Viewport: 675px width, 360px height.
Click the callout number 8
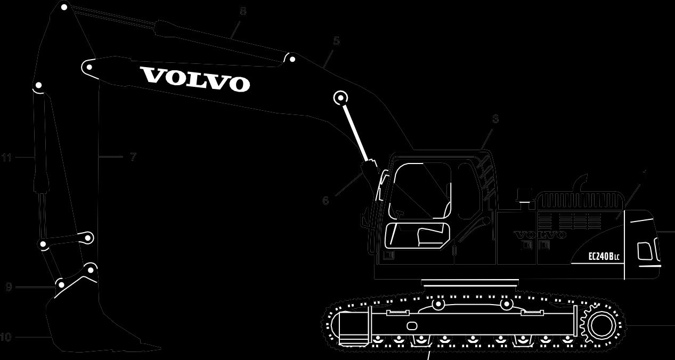coord(243,11)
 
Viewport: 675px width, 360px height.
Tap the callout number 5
coord(336,41)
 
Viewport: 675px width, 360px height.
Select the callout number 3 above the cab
coord(495,119)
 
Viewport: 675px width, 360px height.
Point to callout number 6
coord(326,201)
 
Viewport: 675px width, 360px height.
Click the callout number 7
coord(133,157)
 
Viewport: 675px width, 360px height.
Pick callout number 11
coord(6,157)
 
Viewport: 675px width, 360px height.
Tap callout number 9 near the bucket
coord(9,287)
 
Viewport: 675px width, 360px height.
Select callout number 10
coord(5,337)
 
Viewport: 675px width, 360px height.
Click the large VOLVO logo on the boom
coord(196,79)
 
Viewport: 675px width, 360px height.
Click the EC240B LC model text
coord(604,257)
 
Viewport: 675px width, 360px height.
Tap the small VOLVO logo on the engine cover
coord(540,235)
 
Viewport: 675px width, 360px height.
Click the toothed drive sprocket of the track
coord(601,324)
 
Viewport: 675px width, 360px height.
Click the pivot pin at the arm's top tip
coord(64,7)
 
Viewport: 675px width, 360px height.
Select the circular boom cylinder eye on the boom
coord(340,97)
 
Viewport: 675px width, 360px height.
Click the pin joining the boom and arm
coord(88,67)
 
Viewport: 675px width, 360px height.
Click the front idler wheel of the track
coord(346,325)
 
